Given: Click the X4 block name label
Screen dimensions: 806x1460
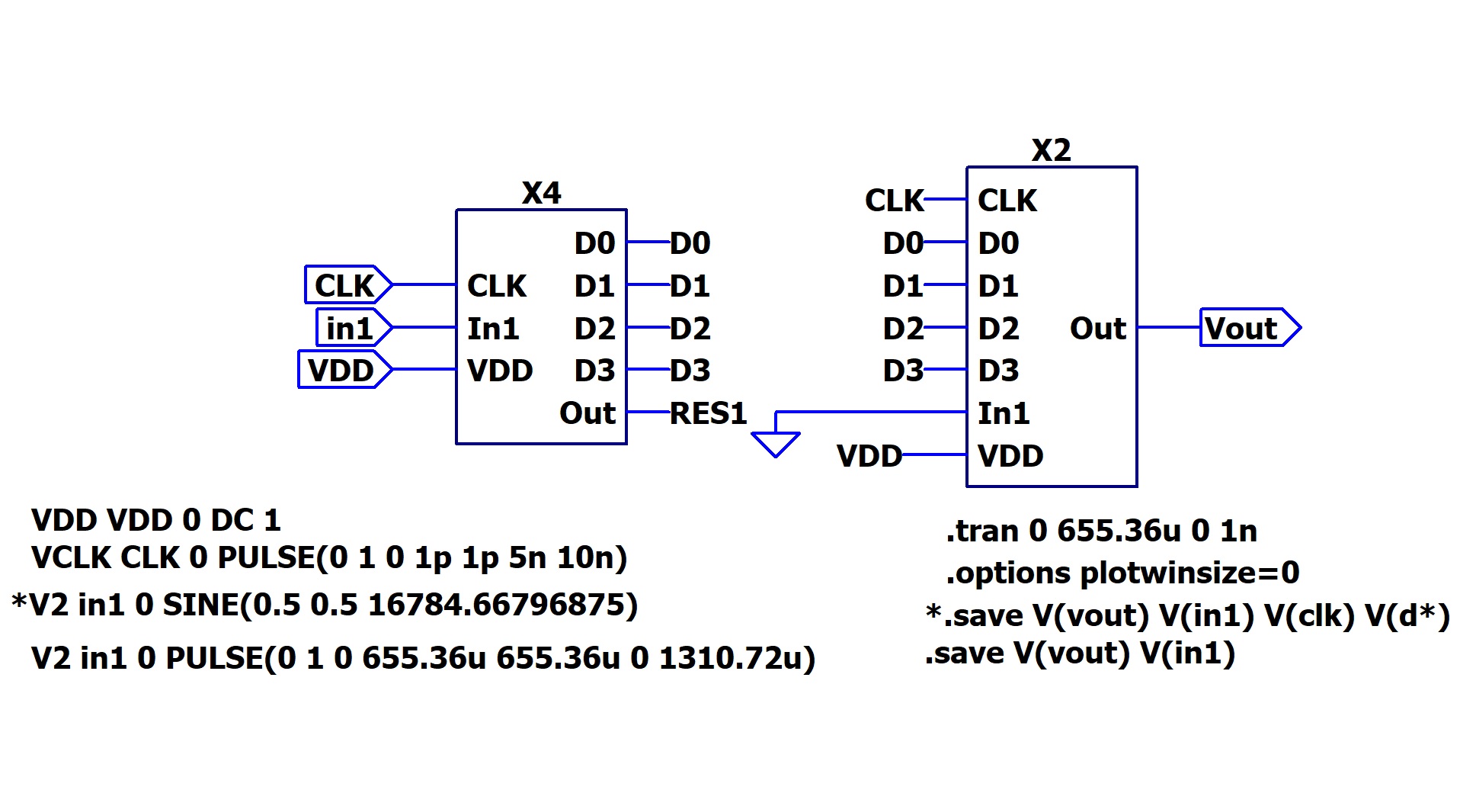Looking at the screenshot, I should click(x=541, y=193).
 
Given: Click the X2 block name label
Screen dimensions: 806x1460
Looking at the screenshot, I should click(x=1051, y=150).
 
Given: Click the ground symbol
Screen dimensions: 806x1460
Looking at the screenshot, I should click(x=775, y=443).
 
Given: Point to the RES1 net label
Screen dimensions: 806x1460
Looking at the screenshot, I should click(x=708, y=413).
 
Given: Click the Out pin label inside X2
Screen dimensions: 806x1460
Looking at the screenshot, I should click(x=1097, y=329).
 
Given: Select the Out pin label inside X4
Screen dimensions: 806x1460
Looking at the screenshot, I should click(x=587, y=413).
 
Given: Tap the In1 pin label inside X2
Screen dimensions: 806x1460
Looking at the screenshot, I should click(x=1004, y=413).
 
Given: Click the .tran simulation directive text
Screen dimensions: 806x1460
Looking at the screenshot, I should click(x=1101, y=531).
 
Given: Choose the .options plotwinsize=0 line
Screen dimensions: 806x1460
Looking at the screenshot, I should click(x=1122, y=573).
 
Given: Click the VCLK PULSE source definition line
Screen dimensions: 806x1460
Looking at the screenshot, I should click(x=329, y=558).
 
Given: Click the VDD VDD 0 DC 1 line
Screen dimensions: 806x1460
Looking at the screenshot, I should click(x=156, y=521).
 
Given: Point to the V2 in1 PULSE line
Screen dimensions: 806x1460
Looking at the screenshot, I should click(x=423, y=658).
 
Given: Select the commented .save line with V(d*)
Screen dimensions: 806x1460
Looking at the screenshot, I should click(x=1187, y=616).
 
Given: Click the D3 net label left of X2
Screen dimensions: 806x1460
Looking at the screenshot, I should click(x=902, y=371).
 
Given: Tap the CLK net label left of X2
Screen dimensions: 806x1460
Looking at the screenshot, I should click(x=894, y=201).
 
